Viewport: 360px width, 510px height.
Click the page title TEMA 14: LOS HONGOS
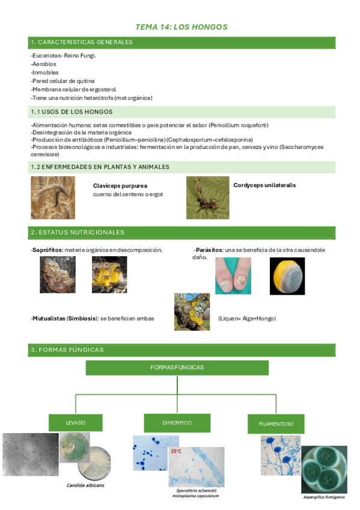182,27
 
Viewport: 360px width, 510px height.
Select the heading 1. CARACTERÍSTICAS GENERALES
81,42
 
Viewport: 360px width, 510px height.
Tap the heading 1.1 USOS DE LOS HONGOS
72,112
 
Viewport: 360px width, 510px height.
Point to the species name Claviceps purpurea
120,186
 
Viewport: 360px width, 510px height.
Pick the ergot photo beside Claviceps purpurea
53,197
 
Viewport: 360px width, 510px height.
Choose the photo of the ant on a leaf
207,197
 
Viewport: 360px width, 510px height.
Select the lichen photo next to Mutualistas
192,312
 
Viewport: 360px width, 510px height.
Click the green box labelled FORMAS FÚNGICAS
177,367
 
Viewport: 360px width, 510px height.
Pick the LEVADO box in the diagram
76,423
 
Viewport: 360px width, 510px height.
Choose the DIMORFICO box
177,423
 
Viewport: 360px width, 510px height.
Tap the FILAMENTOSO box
276,424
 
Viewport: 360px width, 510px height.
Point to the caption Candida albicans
86,485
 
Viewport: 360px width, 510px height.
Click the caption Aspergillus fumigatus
323,497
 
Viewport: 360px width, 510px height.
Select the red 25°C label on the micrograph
176,451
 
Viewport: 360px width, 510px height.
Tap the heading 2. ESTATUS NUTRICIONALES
78,232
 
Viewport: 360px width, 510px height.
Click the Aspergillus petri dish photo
324,469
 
